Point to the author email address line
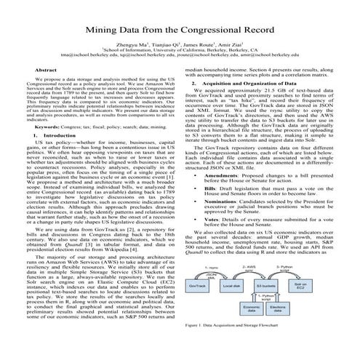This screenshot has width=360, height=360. coord(180,54)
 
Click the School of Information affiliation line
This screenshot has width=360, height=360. coord(180,47)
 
